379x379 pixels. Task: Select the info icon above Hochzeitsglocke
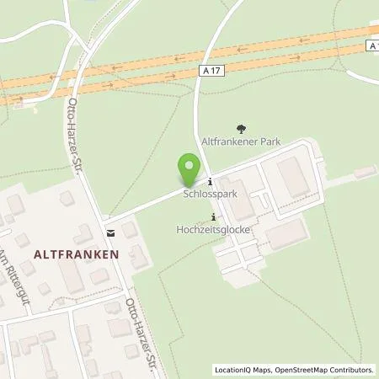pyautogui.click(x=212, y=216)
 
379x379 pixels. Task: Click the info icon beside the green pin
pyautogui.click(x=209, y=181)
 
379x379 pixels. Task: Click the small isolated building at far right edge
pyautogui.click(x=365, y=172)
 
